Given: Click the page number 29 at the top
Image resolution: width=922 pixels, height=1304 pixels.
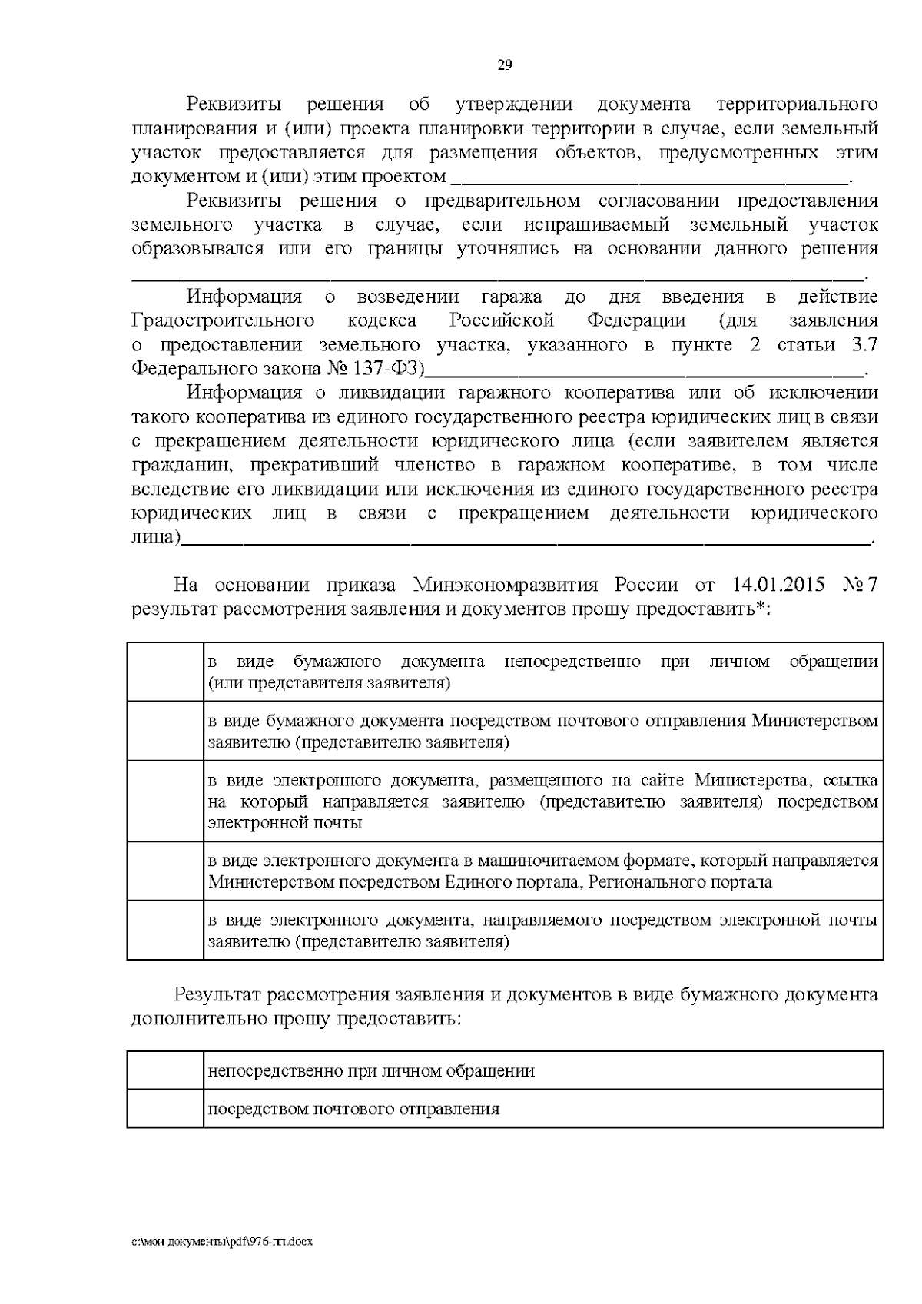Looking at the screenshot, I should [505, 65].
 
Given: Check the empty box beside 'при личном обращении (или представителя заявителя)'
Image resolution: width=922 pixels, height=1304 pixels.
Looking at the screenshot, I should [165, 672].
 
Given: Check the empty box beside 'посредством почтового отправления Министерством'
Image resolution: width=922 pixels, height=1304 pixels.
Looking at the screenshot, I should [165, 731].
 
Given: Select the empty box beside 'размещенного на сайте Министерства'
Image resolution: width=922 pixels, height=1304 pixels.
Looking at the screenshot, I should [165, 801].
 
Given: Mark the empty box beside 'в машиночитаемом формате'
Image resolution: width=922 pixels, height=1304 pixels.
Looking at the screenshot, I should [165, 871].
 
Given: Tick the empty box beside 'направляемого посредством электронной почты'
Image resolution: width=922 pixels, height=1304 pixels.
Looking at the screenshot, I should [165, 930].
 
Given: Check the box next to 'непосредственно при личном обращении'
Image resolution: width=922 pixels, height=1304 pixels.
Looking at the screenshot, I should [165, 1070].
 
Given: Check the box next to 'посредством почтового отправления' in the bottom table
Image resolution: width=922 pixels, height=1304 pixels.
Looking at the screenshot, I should [165, 1108].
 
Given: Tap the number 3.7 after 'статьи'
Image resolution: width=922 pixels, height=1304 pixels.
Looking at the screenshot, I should [864, 345].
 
